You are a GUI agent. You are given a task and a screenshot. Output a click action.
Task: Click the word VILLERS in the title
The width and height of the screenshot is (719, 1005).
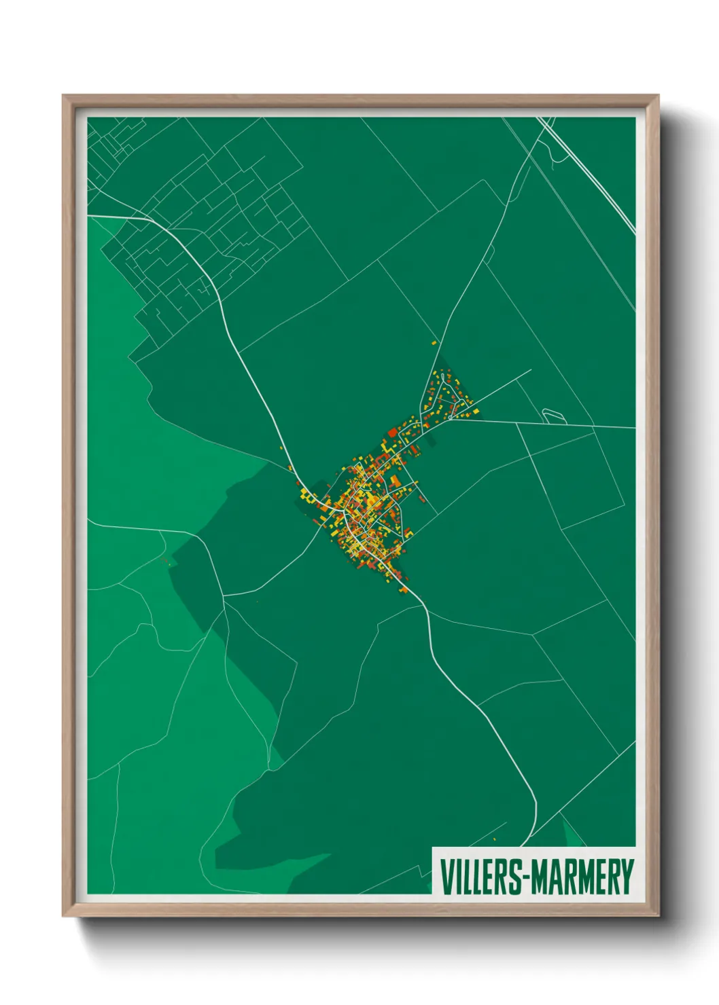click(x=480, y=877)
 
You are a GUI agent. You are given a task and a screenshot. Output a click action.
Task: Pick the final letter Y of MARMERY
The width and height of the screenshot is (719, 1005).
click(x=628, y=877)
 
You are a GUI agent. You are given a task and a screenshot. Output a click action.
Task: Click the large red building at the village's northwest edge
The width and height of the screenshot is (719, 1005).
click(x=392, y=431)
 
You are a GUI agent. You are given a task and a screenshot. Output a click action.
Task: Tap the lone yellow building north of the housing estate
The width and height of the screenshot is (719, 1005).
click(x=434, y=344)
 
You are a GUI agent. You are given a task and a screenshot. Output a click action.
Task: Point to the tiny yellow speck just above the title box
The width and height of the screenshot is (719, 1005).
click(x=494, y=840)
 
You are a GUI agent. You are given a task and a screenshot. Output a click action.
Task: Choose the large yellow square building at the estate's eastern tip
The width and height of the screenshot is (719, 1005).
click(x=476, y=412)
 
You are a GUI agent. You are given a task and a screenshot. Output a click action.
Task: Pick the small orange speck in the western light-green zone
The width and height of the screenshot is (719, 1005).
click(x=166, y=560)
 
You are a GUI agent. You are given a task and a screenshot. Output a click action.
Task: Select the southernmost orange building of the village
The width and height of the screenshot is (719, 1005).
click(x=404, y=589)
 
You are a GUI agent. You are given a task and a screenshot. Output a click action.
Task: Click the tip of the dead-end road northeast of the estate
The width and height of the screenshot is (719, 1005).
click(x=530, y=371)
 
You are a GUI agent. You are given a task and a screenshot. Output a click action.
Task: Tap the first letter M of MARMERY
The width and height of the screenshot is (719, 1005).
click(x=539, y=877)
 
